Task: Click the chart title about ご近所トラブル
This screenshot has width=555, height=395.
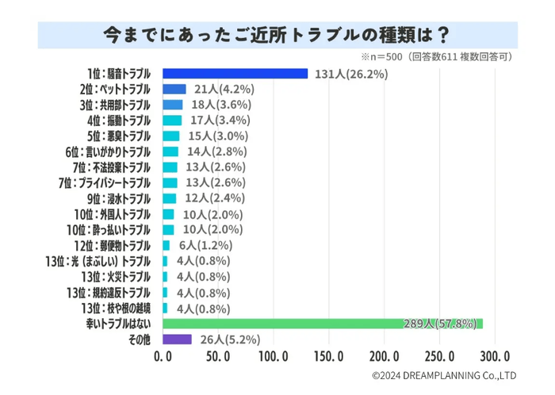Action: (277, 34)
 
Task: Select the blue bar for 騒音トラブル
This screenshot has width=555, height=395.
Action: (235, 74)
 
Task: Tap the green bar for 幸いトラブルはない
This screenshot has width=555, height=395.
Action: (322, 324)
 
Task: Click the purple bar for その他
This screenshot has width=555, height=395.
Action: (177, 339)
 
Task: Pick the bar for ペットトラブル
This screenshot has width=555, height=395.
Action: (174, 90)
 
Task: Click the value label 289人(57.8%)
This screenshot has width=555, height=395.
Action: (438, 324)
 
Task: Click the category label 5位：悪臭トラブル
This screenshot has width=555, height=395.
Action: (118, 136)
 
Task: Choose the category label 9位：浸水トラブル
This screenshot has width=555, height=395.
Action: (118, 198)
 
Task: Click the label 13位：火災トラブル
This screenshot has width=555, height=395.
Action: (118, 277)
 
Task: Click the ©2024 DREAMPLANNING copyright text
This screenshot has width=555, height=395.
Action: (444, 375)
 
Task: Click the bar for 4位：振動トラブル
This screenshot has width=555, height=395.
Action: (172, 121)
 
